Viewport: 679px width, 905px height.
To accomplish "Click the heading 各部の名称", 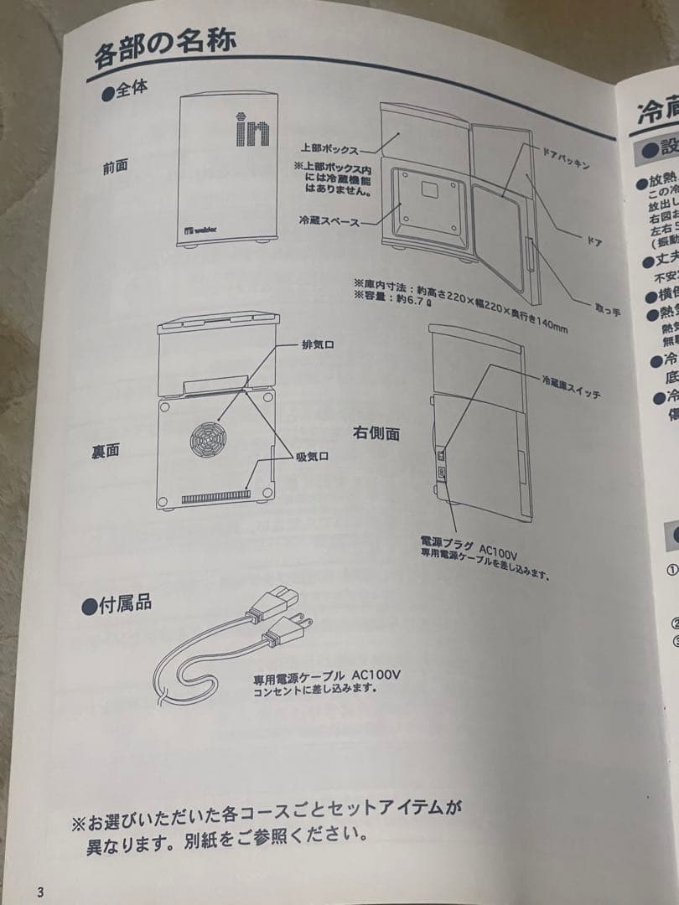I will (164, 50).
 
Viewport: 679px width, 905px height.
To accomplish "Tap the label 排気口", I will (319, 345).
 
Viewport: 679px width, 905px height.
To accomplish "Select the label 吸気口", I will (311, 456).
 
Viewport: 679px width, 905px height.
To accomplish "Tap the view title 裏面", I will (106, 451).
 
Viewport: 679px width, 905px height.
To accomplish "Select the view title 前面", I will (116, 167).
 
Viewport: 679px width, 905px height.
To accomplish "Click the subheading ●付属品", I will (117, 605).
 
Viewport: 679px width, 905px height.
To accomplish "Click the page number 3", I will (39, 891).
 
